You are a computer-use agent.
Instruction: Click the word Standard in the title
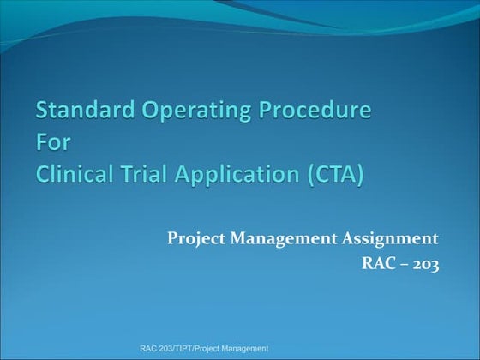[x=80, y=111]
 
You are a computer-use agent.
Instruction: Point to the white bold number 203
[x=425, y=264]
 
